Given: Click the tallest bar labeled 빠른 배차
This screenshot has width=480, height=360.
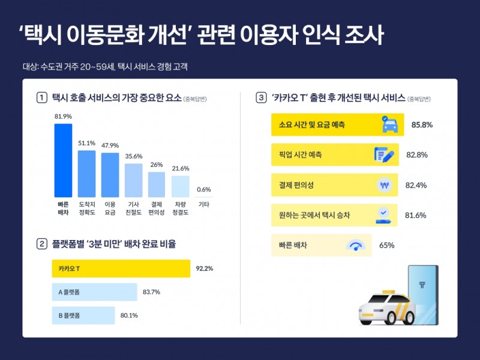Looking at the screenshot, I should pyautogui.click(x=63, y=160).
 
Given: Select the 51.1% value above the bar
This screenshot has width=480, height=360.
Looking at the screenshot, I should pyautogui.click(x=87, y=143).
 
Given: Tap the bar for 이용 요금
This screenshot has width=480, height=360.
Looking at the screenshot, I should pyautogui.click(x=110, y=175).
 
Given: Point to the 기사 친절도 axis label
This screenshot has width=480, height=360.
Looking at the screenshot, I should pyautogui.click(x=133, y=208).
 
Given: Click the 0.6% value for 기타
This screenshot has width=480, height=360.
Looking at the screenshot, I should pyautogui.click(x=204, y=190).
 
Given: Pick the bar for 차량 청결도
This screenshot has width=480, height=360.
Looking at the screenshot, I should pyautogui.click(x=180, y=186).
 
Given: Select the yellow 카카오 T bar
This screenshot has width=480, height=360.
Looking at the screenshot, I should pyautogui.click(x=121, y=269).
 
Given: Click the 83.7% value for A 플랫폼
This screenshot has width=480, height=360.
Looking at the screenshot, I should pyautogui.click(x=151, y=292).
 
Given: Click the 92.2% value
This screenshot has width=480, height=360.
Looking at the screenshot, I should pyautogui.click(x=205, y=269).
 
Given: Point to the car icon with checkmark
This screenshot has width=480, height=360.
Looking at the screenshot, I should pyautogui.click(x=388, y=125).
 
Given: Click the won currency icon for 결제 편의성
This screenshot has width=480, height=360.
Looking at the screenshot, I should pyautogui.click(x=385, y=185).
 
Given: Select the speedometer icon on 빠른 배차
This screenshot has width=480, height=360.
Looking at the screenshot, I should pyautogui.click(x=356, y=245).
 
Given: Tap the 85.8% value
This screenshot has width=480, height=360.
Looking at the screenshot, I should pyautogui.click(x=422, y=125).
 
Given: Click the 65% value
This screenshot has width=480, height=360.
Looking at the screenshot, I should pyautogui.click(x=387, y=245).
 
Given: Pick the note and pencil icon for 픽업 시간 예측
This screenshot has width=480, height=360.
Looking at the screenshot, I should pyautogui.click(x=384, y=155).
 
